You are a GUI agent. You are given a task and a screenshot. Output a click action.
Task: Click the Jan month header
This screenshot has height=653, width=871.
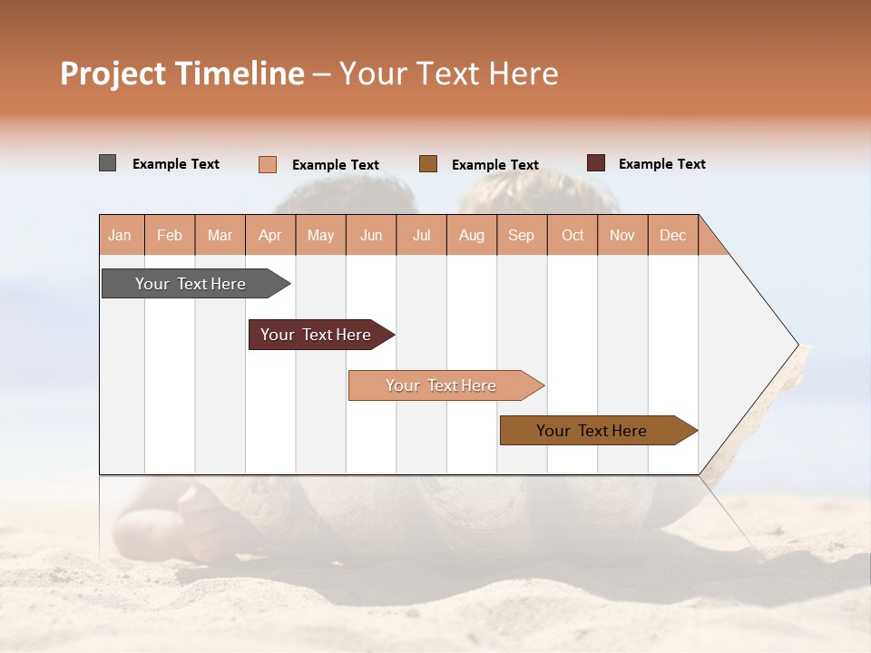coord(121,235)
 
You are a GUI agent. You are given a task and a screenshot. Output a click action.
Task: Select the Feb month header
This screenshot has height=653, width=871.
coord(170,235)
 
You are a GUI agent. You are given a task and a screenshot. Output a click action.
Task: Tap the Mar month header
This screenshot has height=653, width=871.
coord(220,235)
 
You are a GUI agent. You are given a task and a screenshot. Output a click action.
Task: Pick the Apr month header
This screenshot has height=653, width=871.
coord(270,235)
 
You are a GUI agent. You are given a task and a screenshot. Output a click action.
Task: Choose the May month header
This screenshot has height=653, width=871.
coord(320,235)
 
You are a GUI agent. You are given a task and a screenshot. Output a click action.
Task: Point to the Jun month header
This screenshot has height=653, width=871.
coord(371,235)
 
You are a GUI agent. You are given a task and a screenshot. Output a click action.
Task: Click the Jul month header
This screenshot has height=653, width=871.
coord(421,235)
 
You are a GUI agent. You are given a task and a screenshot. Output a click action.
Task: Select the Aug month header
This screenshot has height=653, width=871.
coord(472,235)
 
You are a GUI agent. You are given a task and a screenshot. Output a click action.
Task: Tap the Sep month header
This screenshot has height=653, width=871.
coord(522,235)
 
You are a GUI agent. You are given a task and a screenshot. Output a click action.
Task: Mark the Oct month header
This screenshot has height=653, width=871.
coord(573,235)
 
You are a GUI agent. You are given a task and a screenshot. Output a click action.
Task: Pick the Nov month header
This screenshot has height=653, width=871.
coord(622,235)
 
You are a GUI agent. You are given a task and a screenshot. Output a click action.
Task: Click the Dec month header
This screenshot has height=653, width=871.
coord(673,235)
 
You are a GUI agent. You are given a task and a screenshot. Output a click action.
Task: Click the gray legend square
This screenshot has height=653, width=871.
coord(108,163)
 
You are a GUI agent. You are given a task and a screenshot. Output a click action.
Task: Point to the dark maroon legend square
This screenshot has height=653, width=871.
coord(596,163)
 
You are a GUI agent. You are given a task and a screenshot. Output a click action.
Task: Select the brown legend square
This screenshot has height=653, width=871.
coord(428,164)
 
